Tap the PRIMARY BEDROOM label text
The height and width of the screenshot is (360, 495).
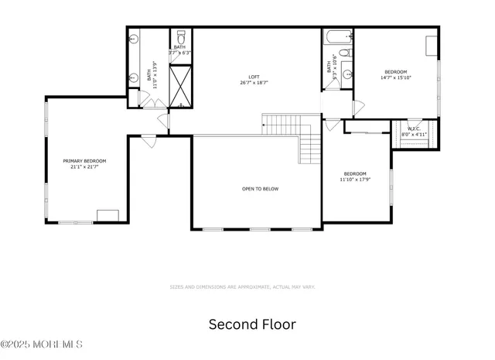[84, 161]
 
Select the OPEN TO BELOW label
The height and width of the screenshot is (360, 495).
[260, 189]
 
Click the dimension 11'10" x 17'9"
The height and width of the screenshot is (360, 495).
[355, 180]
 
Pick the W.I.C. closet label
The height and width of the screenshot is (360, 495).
[414, 129]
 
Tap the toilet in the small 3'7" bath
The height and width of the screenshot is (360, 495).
[181, 36]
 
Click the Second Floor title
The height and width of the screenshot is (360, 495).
[252, 324]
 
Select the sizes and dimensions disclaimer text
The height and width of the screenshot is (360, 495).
[242, 287]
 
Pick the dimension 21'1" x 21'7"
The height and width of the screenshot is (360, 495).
[84, 166]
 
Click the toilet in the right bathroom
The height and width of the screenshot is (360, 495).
[346, 53]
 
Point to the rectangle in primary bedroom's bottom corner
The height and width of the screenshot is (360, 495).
[108, 215]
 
